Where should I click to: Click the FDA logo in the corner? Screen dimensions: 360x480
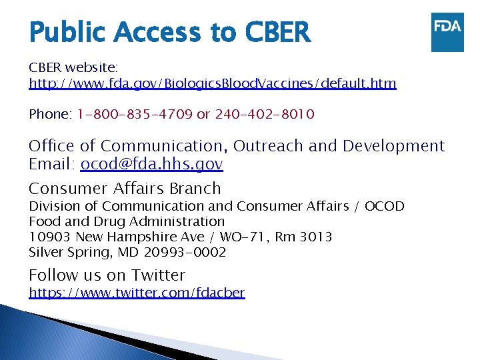[447, 32]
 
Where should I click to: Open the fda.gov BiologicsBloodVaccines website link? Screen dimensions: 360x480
[212, 83]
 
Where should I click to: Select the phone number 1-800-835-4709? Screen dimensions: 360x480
[135, 114]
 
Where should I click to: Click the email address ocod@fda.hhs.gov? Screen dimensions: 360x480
[151, 164]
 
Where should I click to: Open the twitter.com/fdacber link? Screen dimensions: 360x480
[137, 293]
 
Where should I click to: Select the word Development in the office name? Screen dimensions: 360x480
[397, 146]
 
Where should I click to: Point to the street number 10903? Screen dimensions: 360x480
[50, 237]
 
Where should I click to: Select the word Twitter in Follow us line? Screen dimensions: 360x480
[158, 275]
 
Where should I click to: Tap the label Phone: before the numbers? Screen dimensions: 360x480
[50, 114]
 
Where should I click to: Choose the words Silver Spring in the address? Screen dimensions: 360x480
[69, 252]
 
